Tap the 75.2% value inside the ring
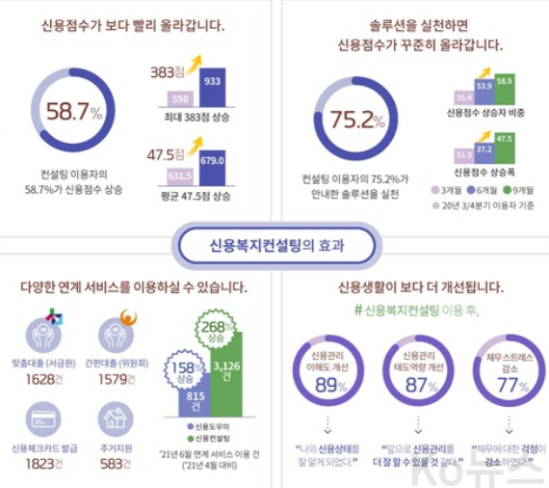350,120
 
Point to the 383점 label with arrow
168,70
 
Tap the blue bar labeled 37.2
484,150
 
